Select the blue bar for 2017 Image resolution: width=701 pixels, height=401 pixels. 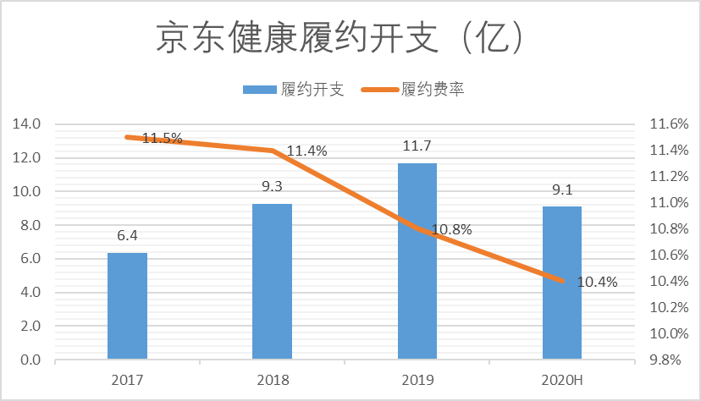(x=127, y=306)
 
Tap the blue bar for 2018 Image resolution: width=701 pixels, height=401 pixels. (x=272, y=282)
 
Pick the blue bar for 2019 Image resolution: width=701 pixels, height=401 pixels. (x=417, y=261)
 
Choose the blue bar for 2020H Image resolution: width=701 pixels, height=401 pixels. (x=562, y=283)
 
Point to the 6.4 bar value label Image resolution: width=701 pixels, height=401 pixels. (x=127, y=236)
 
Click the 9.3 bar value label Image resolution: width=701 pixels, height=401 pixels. (x=272, y=187)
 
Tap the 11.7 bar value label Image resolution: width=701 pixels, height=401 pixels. (x=417, y=146)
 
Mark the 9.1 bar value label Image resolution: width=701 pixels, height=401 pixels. (x=562, y=190)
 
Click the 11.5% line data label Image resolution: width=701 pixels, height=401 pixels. (x=162, y=138)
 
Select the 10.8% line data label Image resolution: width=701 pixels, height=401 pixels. (x=451, y=228)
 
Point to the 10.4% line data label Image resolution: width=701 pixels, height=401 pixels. (x=598, y=281)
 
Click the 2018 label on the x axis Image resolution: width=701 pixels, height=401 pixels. (x=272, y=380)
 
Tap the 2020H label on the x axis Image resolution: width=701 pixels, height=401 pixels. (x=562, y=380)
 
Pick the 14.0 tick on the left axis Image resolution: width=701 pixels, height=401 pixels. (x=27, y=124)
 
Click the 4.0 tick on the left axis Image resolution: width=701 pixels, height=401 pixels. (x=30, y=293)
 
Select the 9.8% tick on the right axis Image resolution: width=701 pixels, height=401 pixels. (x=664, y=360)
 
